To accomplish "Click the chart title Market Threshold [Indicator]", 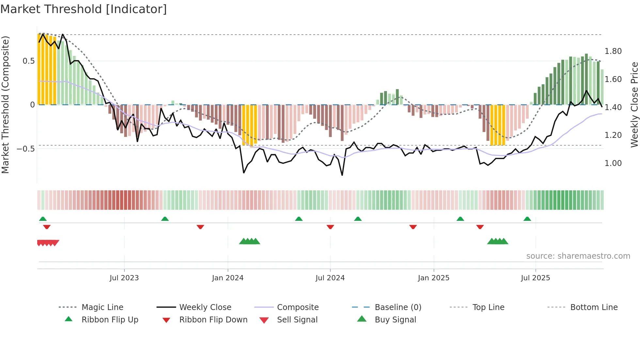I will (84, 9).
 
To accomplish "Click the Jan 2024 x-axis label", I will (228, 278).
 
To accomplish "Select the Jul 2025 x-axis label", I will (535, 278).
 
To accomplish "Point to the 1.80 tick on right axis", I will (613, 51).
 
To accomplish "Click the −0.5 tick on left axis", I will (25, 149).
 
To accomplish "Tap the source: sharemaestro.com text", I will (578, 256).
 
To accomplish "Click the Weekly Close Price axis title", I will (634, 105).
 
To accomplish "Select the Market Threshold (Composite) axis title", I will (5, 105).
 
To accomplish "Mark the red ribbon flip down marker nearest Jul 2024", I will (330, 227).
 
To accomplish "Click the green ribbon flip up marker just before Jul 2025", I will (527, 219).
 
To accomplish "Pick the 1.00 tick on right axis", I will (613, 163).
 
